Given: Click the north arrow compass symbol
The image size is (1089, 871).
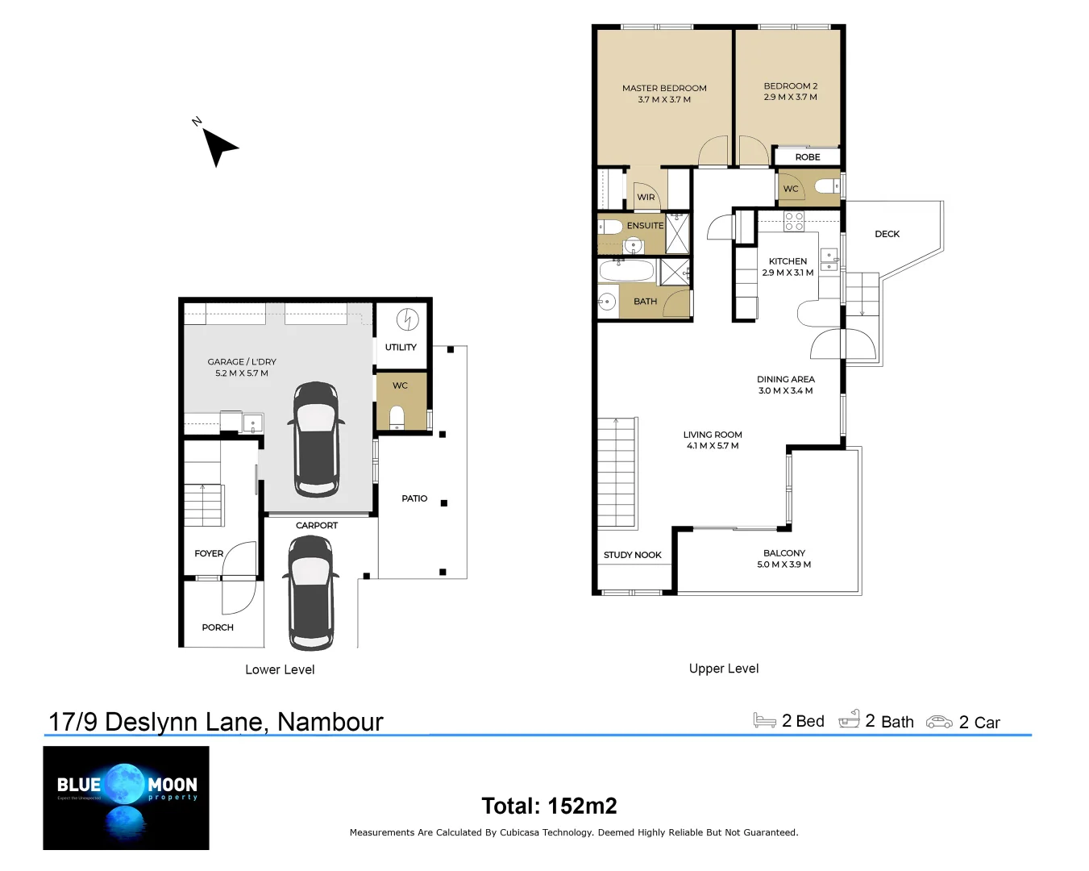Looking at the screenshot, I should coord(218,146).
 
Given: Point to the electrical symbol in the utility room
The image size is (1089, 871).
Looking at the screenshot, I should coord(407,320).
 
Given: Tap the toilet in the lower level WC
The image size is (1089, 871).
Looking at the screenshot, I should coord(397,417).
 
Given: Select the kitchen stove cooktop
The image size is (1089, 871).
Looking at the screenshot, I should coord(794,221).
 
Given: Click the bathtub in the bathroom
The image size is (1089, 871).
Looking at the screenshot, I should coord(627,270).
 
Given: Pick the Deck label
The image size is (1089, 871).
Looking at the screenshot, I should coord(887,234).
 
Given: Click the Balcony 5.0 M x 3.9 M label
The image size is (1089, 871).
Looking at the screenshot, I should coord(783,559).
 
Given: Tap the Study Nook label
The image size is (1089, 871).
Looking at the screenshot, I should coord(632,555).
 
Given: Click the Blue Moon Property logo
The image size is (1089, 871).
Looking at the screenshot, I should coord(126,798).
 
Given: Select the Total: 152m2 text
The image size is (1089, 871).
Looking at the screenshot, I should coord(549,806).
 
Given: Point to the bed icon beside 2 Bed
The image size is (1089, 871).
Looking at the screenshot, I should coord(764,720).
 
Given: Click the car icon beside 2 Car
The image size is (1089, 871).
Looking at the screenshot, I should coord(939,722).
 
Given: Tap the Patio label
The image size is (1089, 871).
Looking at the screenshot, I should coord(414,498).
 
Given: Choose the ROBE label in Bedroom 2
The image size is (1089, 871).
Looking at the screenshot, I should coord(807,157).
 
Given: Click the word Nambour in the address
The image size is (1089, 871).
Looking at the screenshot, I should coord(330,721).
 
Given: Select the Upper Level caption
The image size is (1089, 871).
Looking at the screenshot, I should coord(723,669).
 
